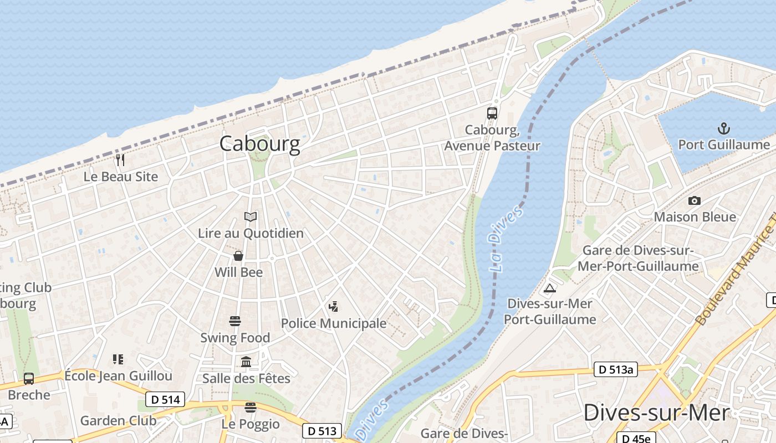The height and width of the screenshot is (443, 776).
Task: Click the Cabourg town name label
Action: coord(259,143)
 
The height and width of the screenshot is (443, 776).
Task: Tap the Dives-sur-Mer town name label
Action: coord(656,413)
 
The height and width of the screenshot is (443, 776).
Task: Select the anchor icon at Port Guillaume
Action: coord(723,129)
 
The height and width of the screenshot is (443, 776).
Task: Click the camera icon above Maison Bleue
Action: coord(694,200)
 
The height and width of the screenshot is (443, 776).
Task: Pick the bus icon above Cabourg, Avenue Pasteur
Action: coord(492,114)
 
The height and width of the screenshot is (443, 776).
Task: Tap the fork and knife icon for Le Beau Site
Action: coord(120,160)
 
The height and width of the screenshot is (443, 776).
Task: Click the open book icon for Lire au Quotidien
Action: coord(251,217)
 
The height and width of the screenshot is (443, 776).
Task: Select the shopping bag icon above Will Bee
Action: coord(238,256)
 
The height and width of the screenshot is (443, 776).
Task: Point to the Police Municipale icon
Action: coord(333,306)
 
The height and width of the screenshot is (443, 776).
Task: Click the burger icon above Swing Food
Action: coord(235,321)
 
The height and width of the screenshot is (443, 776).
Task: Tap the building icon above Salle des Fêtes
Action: coord(246,362)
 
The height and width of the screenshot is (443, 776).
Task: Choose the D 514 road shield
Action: coord(165,399)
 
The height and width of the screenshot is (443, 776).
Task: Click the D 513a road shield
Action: coord(615,369)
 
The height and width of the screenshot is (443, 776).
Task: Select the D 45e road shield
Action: coord(636,439)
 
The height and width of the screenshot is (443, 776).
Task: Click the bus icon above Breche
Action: coord(29,379)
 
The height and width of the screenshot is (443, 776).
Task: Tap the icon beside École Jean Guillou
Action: coord(118,359)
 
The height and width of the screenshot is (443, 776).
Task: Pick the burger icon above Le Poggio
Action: coord(251,408)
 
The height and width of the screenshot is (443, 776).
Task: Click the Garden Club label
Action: coord(118,420)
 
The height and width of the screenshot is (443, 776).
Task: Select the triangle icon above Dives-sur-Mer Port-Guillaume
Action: coord(550,288)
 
